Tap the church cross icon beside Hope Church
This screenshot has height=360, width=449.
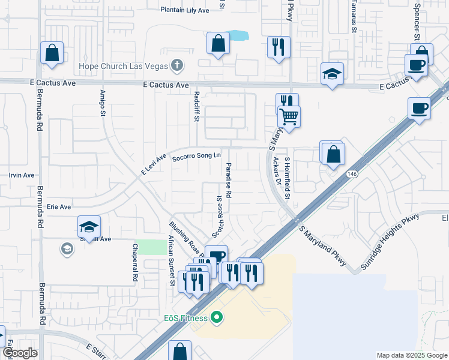176,64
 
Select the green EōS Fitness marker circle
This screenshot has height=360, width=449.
217,317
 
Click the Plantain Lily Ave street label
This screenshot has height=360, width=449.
185,10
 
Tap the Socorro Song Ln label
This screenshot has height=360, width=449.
192,158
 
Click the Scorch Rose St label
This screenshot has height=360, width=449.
220,214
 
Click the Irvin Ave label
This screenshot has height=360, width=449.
22,175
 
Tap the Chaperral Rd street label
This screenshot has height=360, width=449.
134,263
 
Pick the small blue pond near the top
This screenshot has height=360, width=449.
237,35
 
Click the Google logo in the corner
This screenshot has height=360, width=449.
20,353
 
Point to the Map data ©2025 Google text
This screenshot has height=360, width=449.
411,355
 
